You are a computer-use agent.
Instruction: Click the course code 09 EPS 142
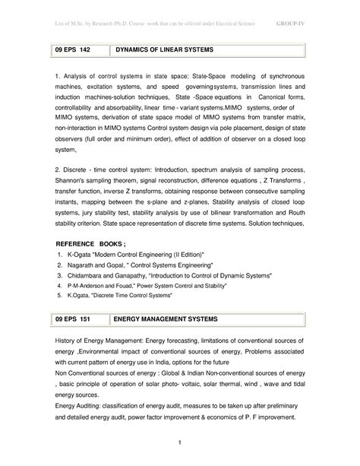tap(73, 49)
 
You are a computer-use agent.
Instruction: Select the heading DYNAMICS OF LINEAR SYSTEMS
tap(164, 49)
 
